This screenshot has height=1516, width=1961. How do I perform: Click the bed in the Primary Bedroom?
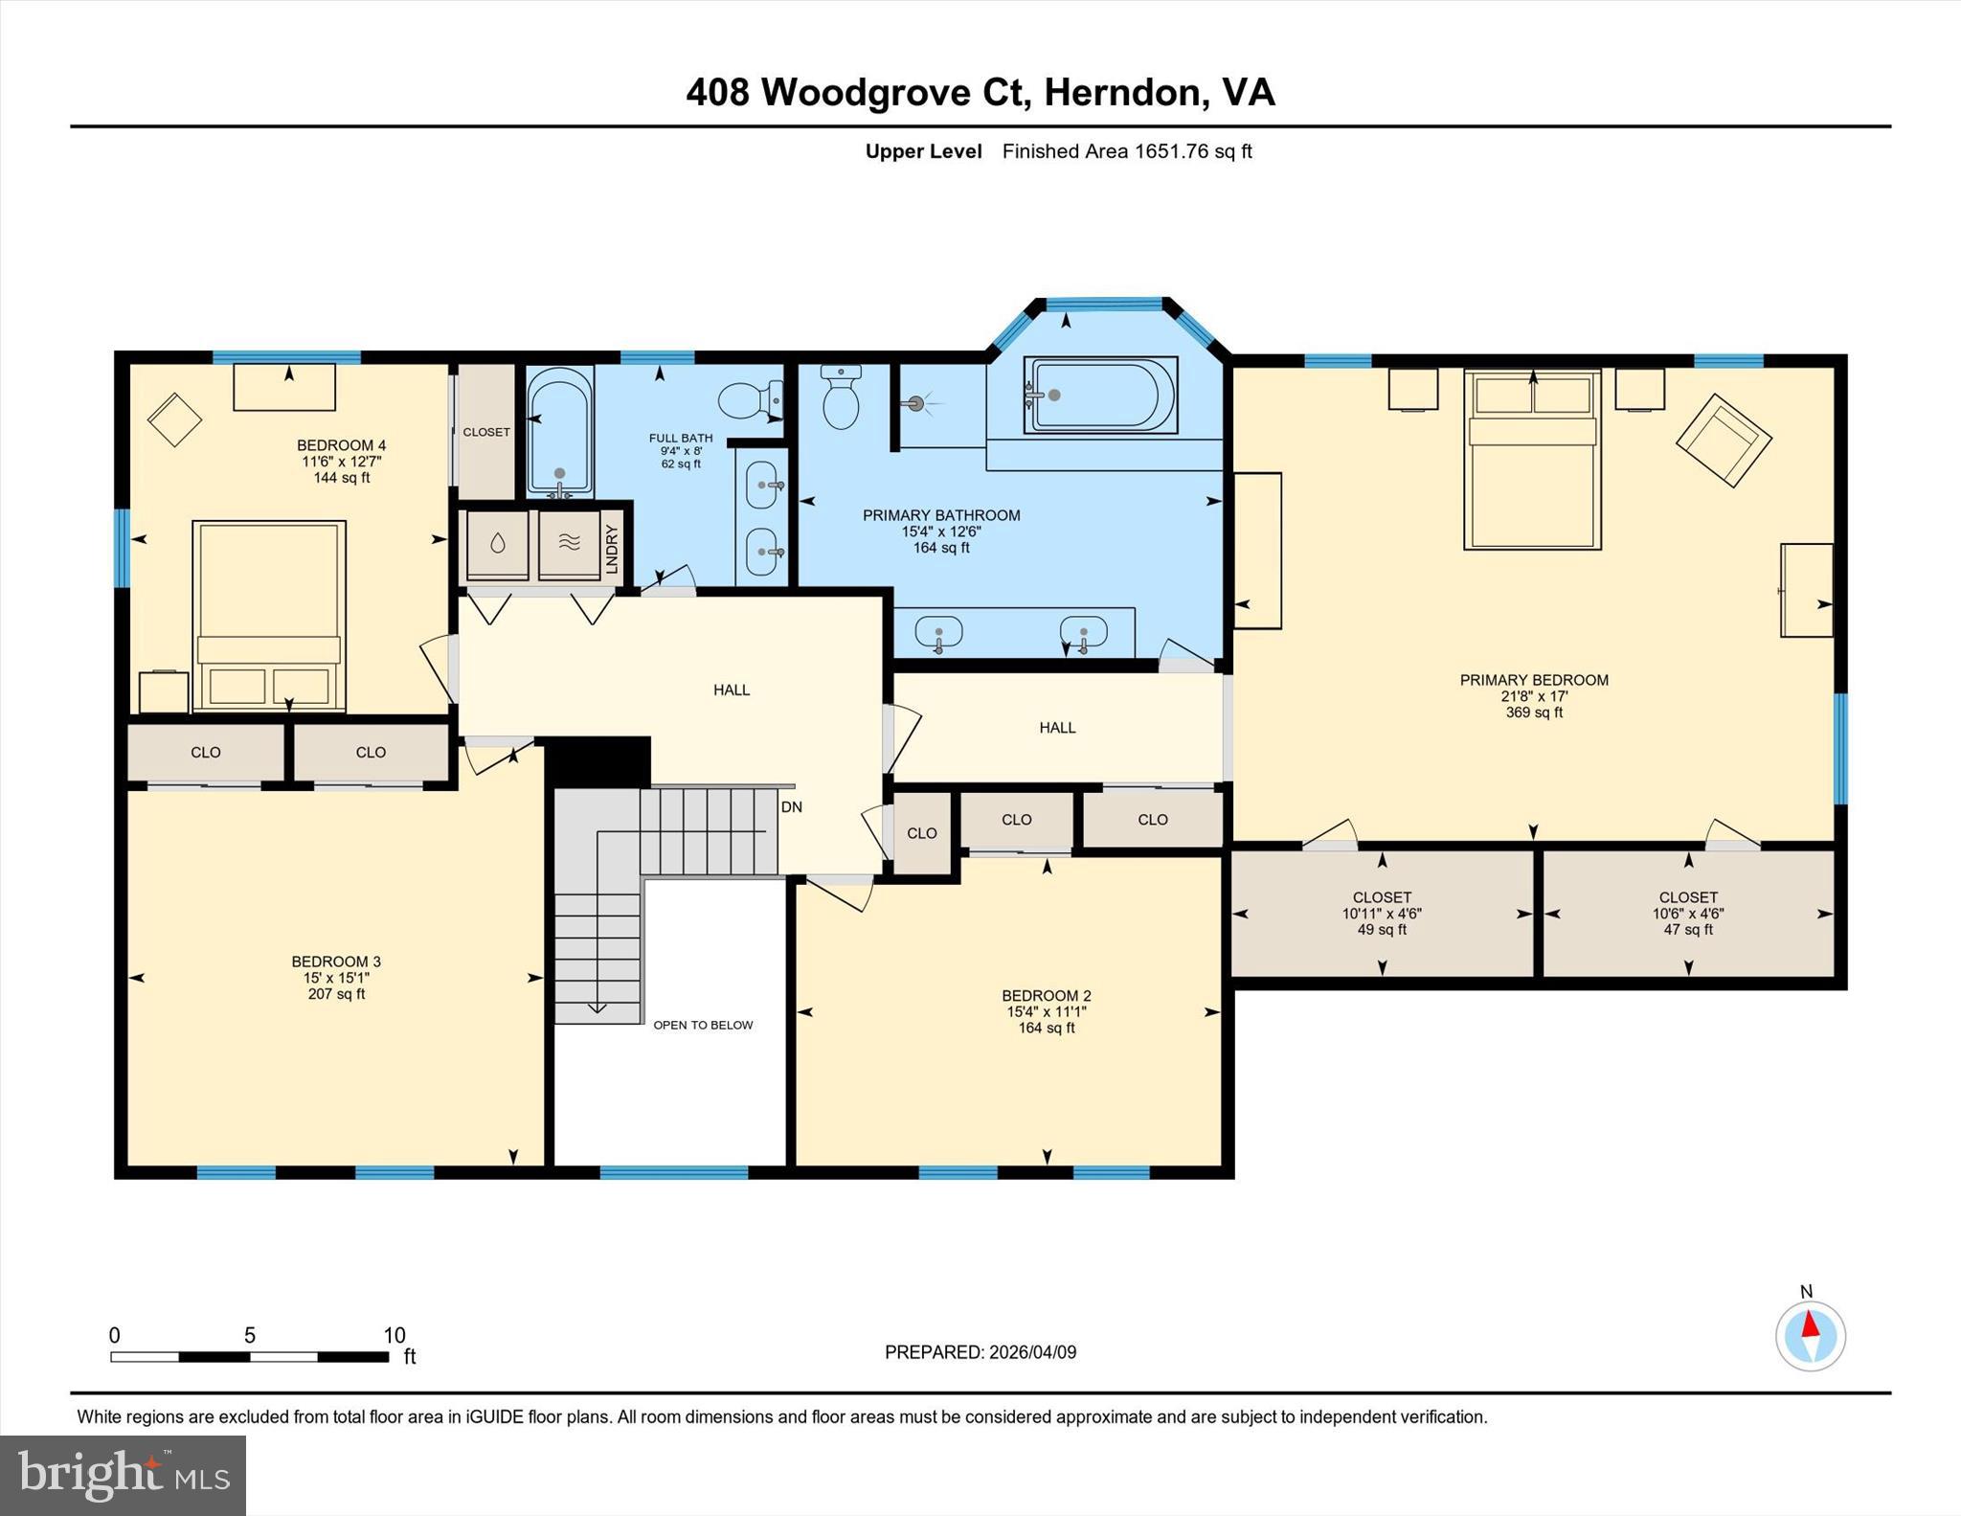coord(1532,460)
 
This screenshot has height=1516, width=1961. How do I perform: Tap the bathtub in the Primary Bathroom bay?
coord(1101,395)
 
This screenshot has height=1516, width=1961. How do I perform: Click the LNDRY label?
coord(613,549)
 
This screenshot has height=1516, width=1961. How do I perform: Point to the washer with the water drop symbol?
coord(497,544)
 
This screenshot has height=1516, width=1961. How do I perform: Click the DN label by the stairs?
coord(791,807)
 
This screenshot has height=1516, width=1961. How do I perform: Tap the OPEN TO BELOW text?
coord(703,1025)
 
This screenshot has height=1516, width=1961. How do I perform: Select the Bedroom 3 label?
coord(336,962)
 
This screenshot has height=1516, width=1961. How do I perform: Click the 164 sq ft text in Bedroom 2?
coord(1046,1028)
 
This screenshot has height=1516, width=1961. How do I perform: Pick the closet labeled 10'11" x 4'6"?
coord(1382,913)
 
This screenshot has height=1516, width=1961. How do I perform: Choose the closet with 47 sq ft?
coord(1688,913)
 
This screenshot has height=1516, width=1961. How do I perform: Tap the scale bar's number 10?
coord(394,1335)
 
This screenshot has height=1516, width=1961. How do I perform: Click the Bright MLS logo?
coord(123,1475)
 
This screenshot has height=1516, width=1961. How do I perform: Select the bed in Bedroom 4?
coord(269,615)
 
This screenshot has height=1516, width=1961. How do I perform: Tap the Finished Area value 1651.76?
coord(1171,151)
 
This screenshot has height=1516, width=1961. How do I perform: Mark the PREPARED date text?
coord(980,1352)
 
